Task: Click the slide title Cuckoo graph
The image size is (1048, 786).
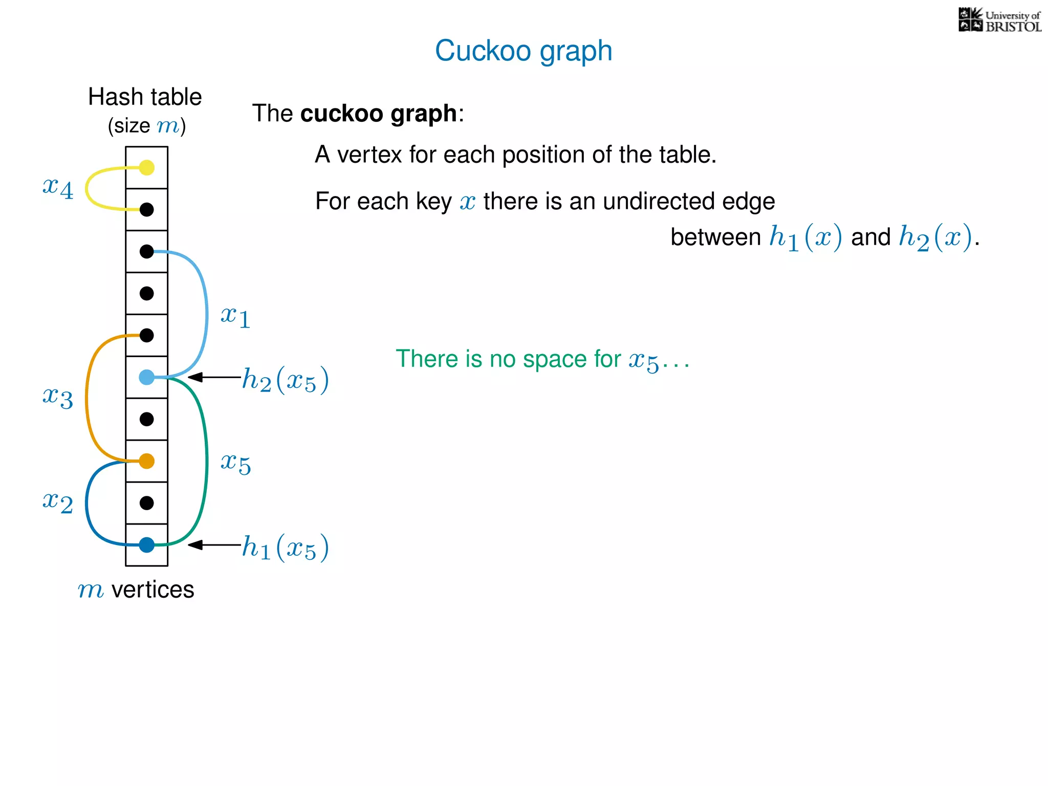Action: pyautogui.click(x=523, y=51)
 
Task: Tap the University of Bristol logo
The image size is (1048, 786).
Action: pyautogui.click(x=999, y=20)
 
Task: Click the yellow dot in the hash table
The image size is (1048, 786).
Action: pyautogui.click(x=147, y=167)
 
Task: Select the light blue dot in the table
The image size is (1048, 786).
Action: pyautogui.click(x=147, y=377)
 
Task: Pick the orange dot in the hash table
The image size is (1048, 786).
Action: pyautogui.click(x=147, y=461)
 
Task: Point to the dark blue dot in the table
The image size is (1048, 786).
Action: pyautogui.click(x=147, y=545)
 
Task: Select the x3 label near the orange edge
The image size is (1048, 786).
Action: pyautogui.click(x=58, y=397)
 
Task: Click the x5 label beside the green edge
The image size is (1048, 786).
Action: pyautogui.click(x=235, y=463)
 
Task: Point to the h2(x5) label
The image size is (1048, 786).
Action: pyautogui.click(x=285, y=380)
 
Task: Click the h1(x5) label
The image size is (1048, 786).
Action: pyautogui.click(x=285, y=548)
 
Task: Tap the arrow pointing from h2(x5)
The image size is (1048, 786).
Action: pyautogui.click(x=214, y=377)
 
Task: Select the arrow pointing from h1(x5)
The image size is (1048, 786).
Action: pyautogui.click(x=214, y=545)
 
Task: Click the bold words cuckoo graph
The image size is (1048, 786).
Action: pyautogui.click(x=378, y=114)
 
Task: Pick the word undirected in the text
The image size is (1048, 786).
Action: pyautogui.click(x=660, y=201)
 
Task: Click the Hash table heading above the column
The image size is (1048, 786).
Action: pyautogui.click(x=145, y=97)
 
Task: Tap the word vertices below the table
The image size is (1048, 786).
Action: pyautogui.click(x=152, y=589)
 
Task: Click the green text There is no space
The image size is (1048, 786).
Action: pyautogui.click(x=507, y=359)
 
